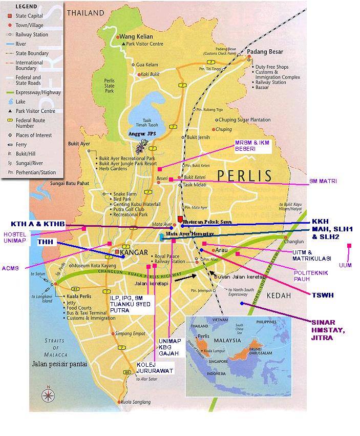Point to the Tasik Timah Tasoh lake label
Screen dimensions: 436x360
click(139, 123)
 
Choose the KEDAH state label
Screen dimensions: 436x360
click(279, 296)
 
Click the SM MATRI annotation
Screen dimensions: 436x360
click(323, 182)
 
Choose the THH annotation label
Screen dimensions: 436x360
click(46, 243)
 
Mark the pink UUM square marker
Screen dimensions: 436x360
click(349, 246)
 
